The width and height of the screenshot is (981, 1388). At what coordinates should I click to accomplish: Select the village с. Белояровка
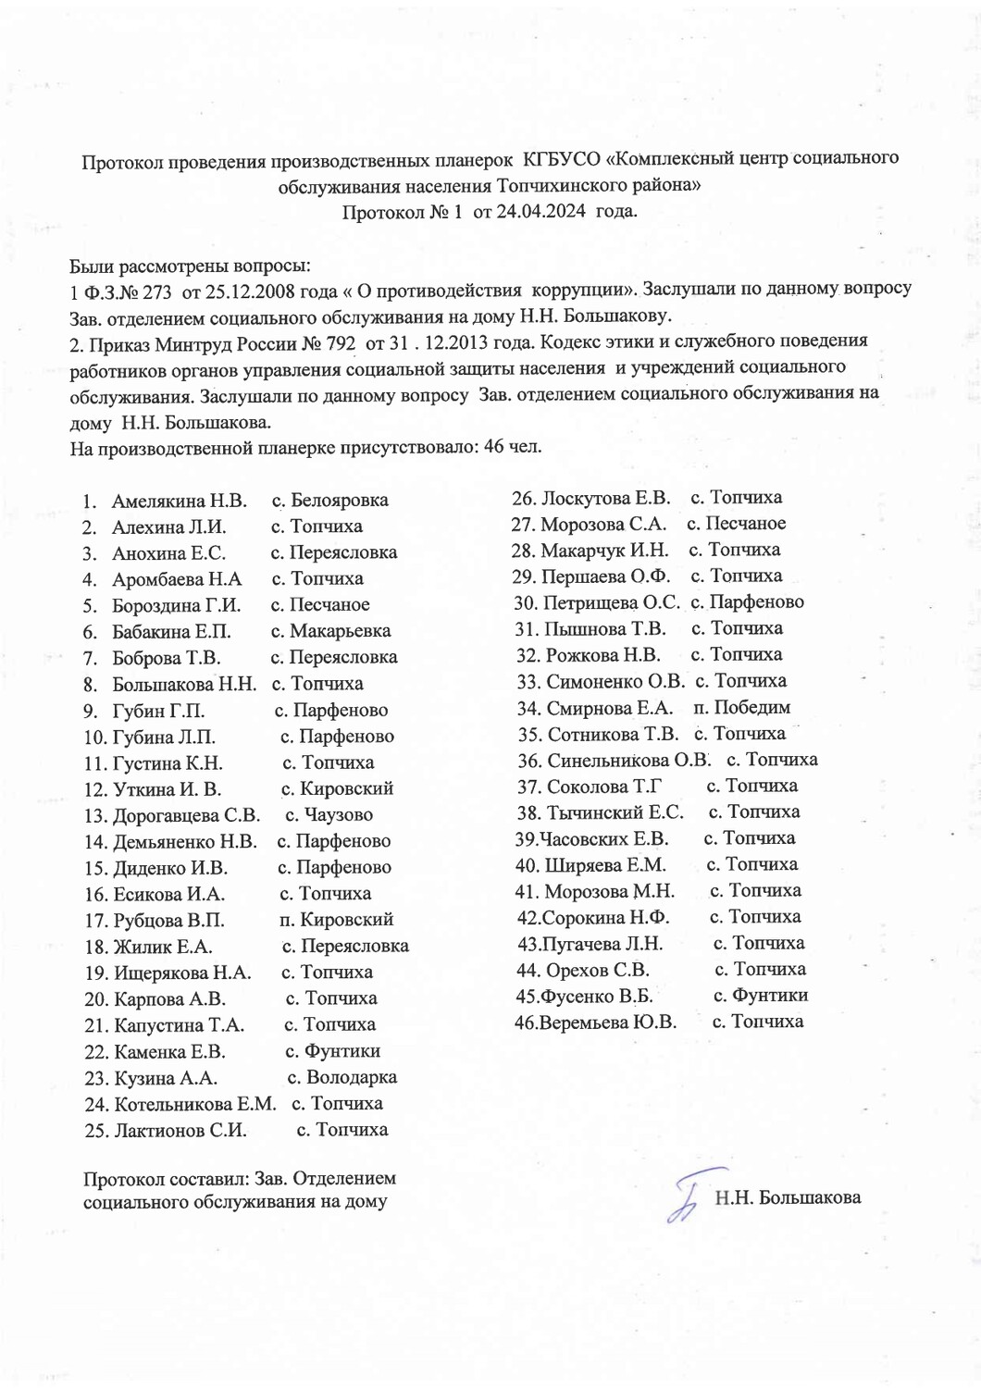tap(330, 501)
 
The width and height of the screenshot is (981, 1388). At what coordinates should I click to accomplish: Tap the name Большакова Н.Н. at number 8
tap(184, 685)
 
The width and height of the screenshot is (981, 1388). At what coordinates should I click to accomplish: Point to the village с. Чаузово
tap(329, 815)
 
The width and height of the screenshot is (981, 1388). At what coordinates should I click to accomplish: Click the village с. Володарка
tap(341, 1077)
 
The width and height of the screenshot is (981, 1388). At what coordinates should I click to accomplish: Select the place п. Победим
tap(741, 708)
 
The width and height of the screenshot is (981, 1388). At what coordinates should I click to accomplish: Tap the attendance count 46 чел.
tap(513, 447)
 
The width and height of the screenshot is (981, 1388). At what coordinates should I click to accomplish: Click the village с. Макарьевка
tap(330, 631)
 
